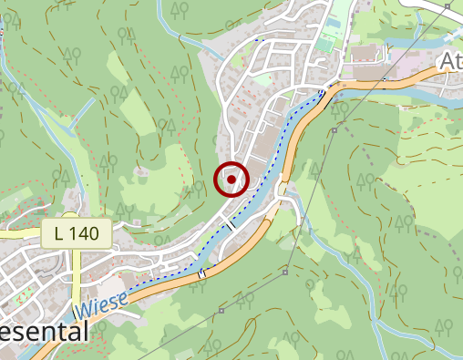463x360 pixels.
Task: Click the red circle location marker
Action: pos(231,180)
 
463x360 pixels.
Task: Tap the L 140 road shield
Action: pos(77,234)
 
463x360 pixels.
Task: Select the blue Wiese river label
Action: pos(96,304)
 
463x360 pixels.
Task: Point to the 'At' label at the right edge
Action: pos(450,61)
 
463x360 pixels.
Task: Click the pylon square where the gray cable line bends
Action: pos(285,271)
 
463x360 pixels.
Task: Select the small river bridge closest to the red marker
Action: pos(231,223)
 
